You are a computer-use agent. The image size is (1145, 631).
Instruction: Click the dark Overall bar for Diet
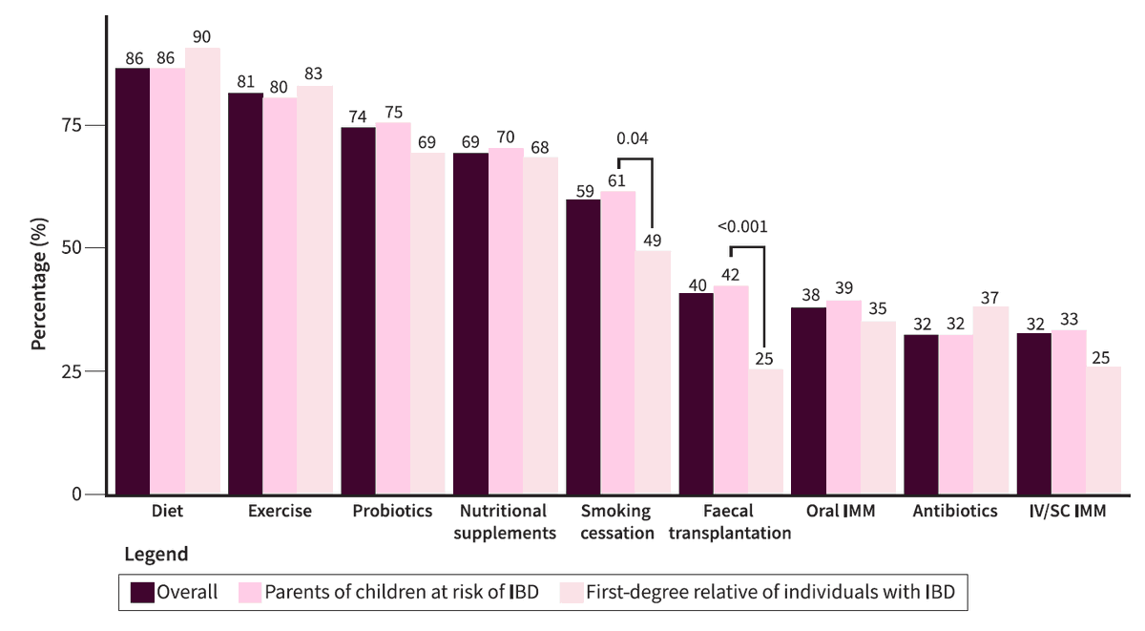(133, 281)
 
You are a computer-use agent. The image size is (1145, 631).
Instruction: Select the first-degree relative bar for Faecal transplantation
(765, 431)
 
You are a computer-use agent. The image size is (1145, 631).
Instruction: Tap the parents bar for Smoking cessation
(618, 343)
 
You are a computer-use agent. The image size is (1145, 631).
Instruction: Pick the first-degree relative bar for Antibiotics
(990, 400)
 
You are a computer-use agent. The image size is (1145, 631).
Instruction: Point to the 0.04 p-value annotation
(633, 138)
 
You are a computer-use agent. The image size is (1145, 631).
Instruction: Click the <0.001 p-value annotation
(741, 227)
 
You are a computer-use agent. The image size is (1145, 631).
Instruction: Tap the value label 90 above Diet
(202, 36)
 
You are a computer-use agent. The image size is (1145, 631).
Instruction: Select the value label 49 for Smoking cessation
(653, 240)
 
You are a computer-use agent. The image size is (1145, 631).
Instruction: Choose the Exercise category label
(280, 512)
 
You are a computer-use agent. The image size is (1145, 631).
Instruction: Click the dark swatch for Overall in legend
(143, 592)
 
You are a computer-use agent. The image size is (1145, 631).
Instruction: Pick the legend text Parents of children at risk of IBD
(402, 592)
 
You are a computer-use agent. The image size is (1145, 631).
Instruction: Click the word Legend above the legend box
(156, 554)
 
